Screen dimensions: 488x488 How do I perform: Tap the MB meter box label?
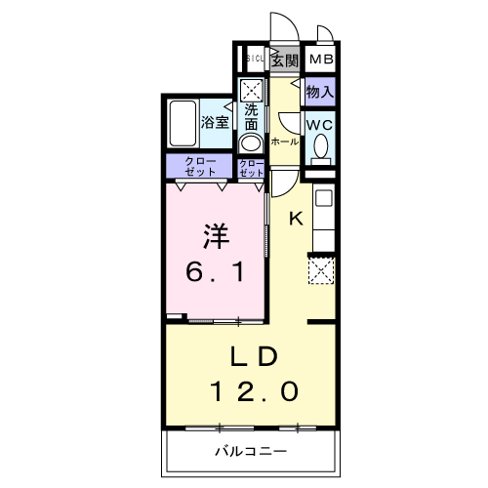click(320, 61)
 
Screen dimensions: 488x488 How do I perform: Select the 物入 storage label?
click(320, 93)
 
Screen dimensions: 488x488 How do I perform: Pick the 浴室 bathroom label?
click(214, 122)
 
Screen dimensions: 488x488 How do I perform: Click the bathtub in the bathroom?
click(182, 122)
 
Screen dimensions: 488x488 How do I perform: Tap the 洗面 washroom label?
click(251, 116)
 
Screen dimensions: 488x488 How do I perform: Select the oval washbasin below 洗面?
click(250, 142)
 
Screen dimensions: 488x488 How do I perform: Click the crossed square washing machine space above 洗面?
click(251, 89)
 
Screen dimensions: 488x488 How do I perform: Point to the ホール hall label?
click(284, 142)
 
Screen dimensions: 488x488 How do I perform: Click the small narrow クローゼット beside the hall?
click(251, 166)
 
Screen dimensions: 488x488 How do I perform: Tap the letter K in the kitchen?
click(297, 219)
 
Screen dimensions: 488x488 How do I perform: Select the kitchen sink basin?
click(323, 201)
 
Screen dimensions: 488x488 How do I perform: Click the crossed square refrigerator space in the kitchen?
click(321, 267)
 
